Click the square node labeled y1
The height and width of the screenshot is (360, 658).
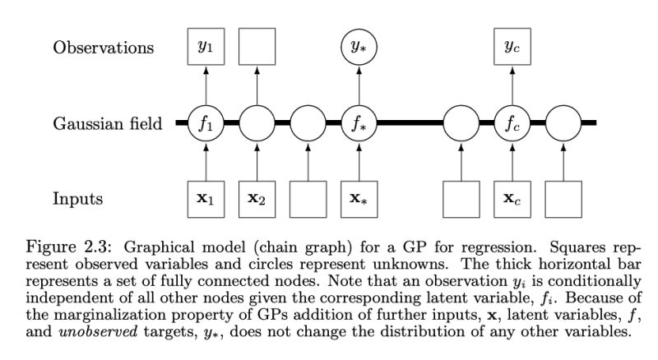point(204,47)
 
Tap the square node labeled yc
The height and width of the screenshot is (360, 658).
point(512,47)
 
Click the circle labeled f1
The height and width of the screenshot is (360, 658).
point(204,125)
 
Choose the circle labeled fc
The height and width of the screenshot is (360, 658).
point(512,125)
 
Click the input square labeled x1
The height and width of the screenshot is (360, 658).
point(204,198)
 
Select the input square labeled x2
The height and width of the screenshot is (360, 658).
point(255,198)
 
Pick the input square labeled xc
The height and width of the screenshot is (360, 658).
point(512,198)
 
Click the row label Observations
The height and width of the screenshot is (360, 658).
point(104,47)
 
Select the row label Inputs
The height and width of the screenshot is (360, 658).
point(79,198)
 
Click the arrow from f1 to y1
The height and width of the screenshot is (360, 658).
point(204,86)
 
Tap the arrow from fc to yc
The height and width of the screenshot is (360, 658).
point(512,86)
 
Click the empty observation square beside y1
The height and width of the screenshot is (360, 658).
point(255,47)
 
